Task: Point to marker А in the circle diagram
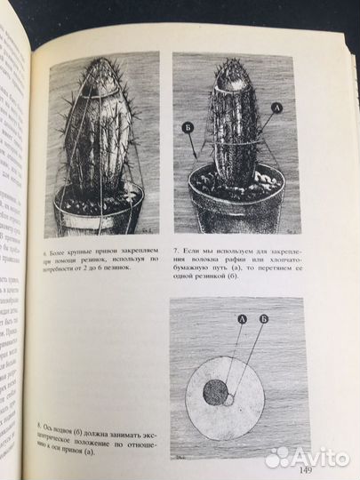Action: (243, 317)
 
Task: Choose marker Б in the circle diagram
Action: (265, 317)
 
